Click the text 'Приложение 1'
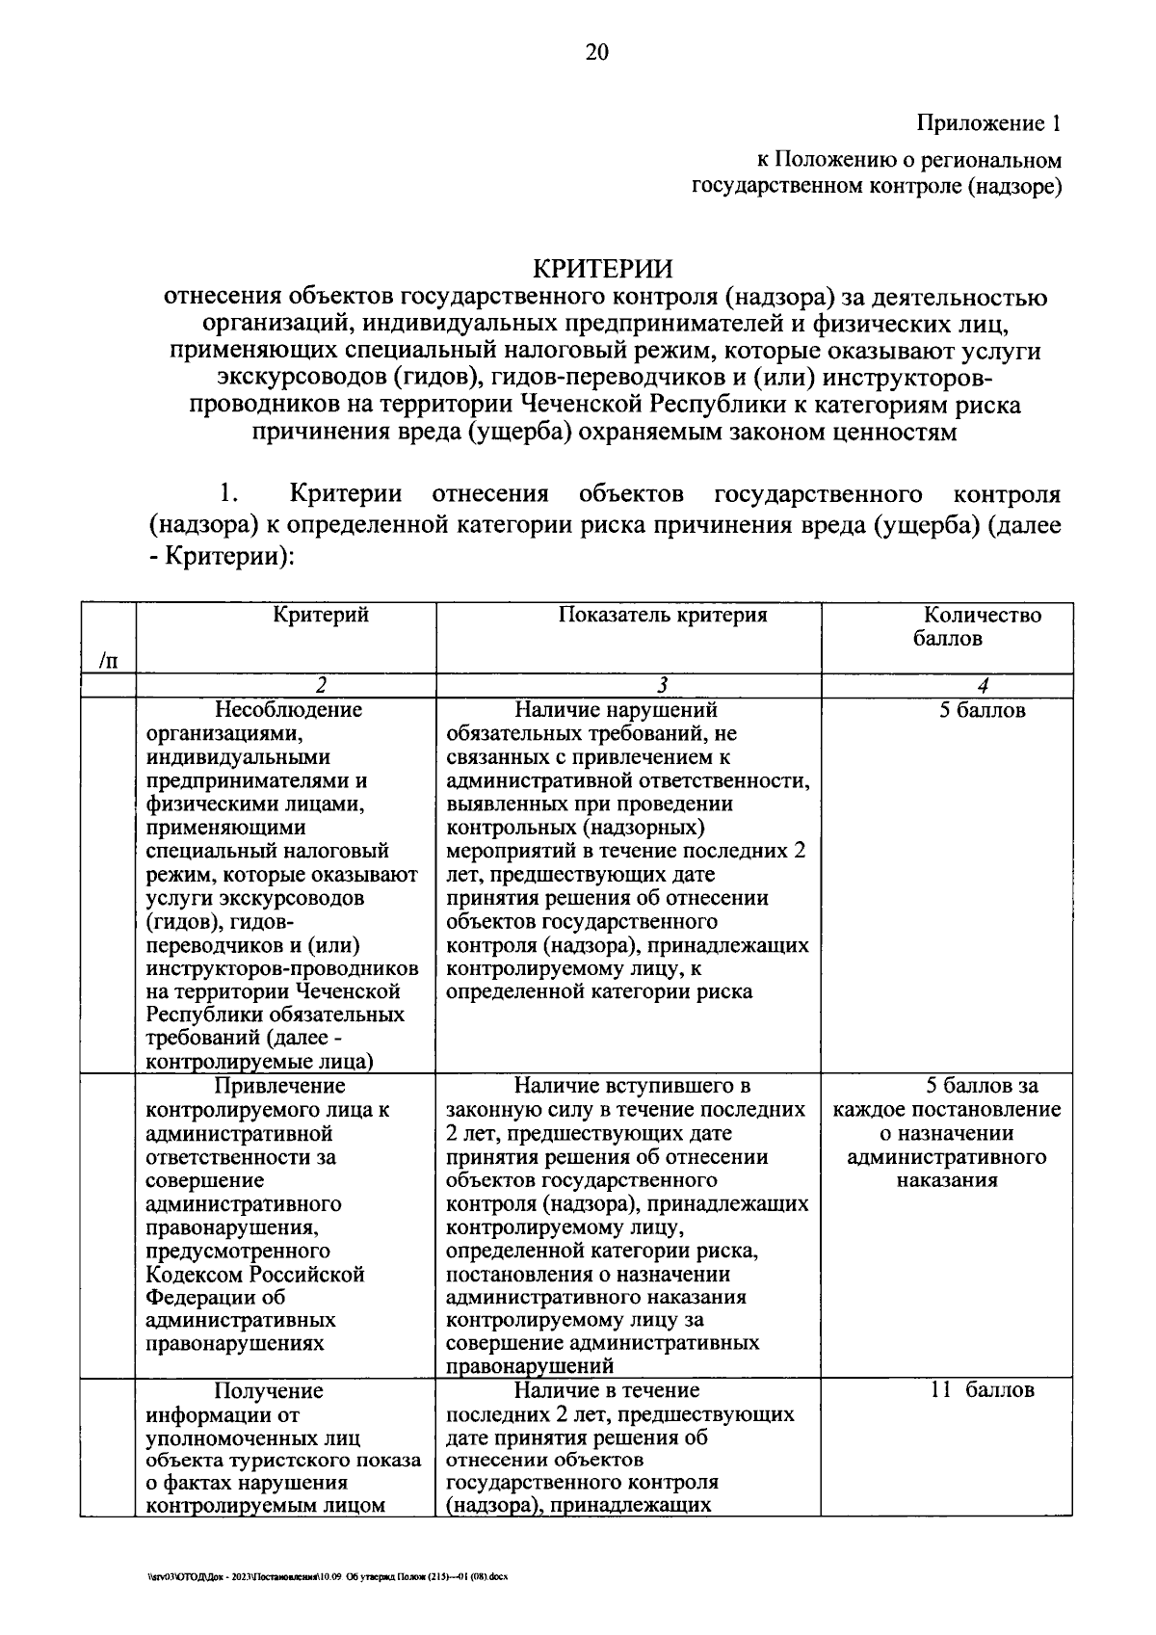988,123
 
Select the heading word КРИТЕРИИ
604,267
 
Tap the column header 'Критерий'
321,616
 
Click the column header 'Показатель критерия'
663,616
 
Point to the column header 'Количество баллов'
982,626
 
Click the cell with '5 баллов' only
982,711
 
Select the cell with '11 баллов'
982,1390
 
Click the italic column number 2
320,686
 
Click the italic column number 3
662,686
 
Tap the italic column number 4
982,686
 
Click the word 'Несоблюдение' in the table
288,711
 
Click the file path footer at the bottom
322,1578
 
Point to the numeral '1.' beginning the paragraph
227,495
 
